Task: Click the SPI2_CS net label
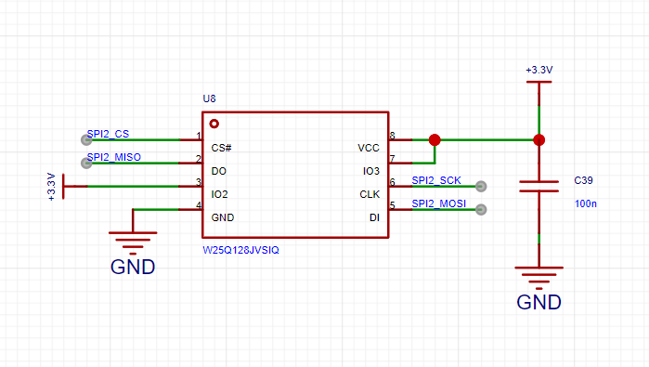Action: (108, 134)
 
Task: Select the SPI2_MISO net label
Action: (114, 157)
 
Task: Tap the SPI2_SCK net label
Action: (436, 180)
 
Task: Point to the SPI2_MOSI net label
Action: (439, 203)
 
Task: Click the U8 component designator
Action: (209, 98)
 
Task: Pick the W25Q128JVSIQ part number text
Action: (240, 250)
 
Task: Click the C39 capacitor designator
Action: (583, 180)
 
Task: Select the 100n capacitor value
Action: (586, 203)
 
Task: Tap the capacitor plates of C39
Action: (539, 187)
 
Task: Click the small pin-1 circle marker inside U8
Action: (214, 124)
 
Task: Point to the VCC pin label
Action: (369, 148)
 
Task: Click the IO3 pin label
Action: (370, 171)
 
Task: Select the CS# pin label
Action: (221, 148)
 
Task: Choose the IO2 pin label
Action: (219, 194)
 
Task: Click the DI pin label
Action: (374, 217)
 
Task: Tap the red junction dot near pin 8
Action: (435, 140)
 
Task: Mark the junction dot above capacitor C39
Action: (539, 140)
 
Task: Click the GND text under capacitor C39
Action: (539, 302)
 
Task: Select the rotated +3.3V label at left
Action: (51, 187)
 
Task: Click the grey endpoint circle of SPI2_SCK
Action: (481, 187)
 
